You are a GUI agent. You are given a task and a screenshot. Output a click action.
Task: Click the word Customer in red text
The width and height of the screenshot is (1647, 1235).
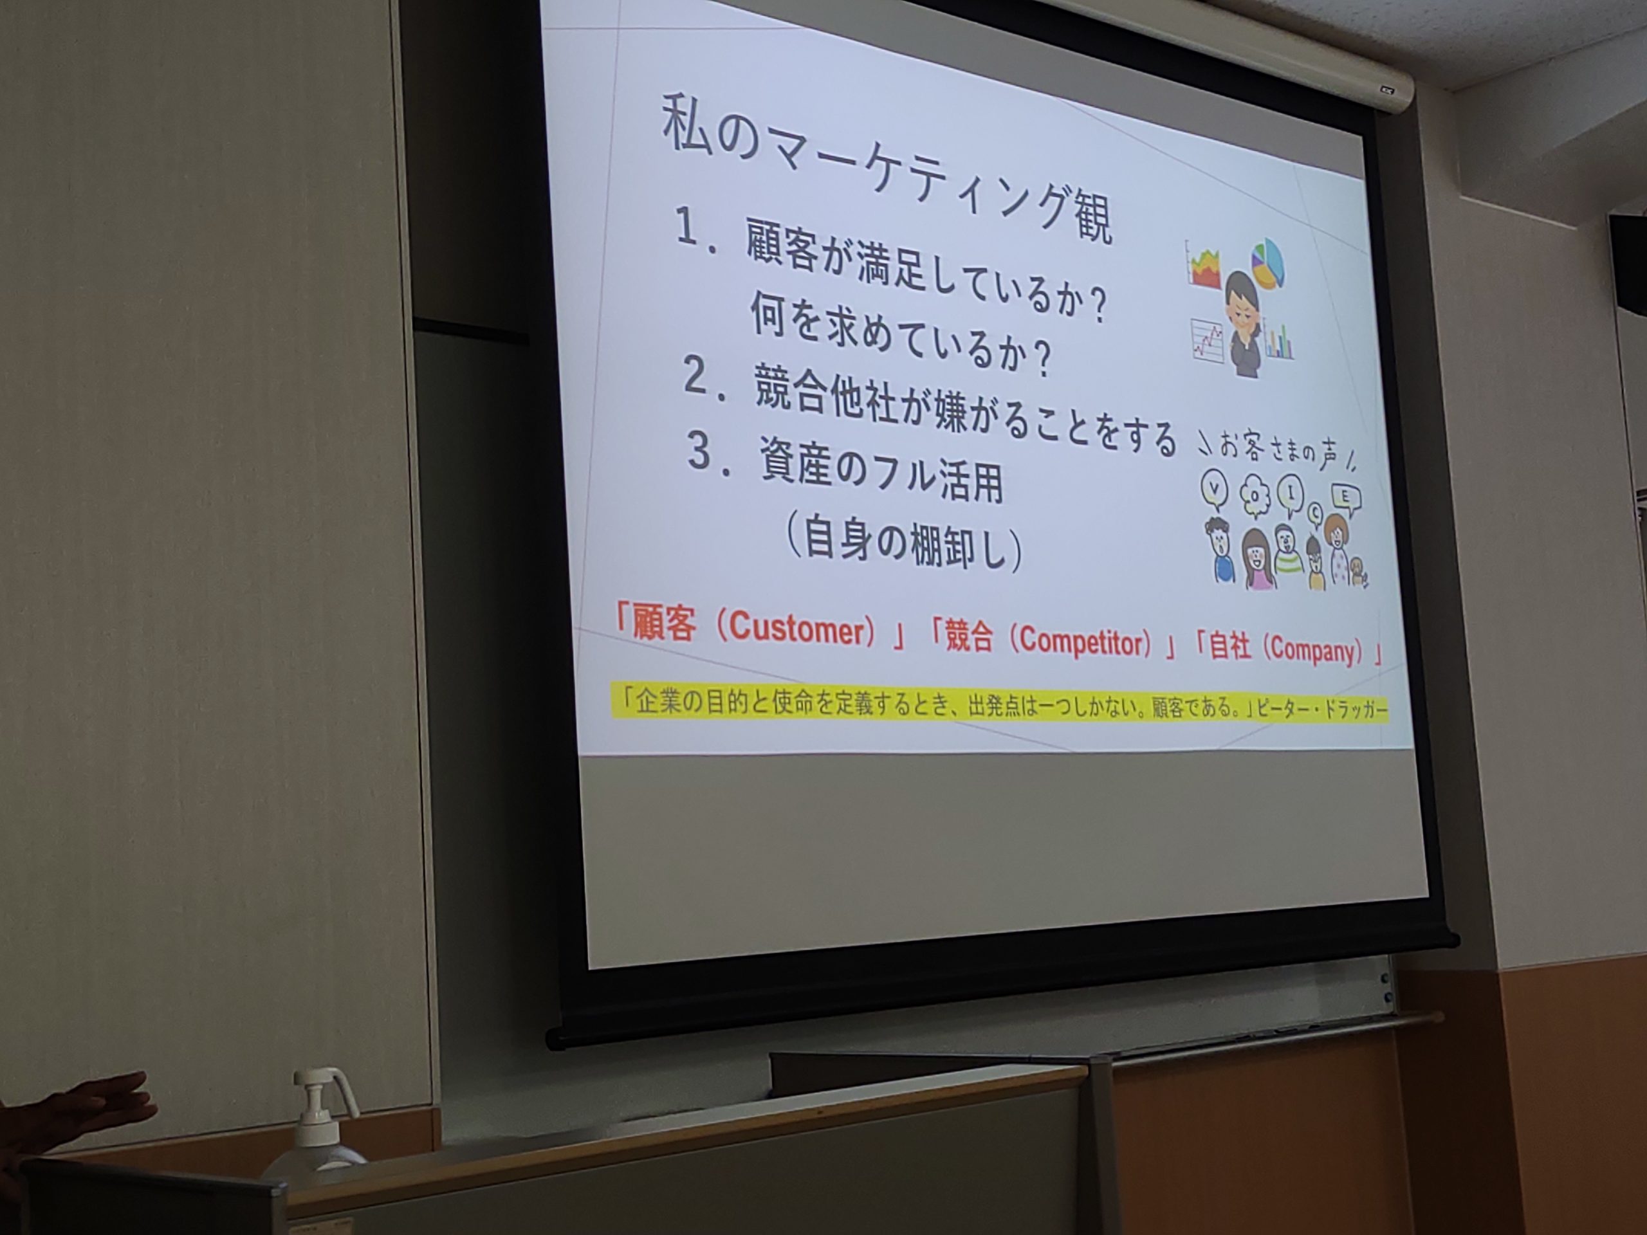click(796, 630)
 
